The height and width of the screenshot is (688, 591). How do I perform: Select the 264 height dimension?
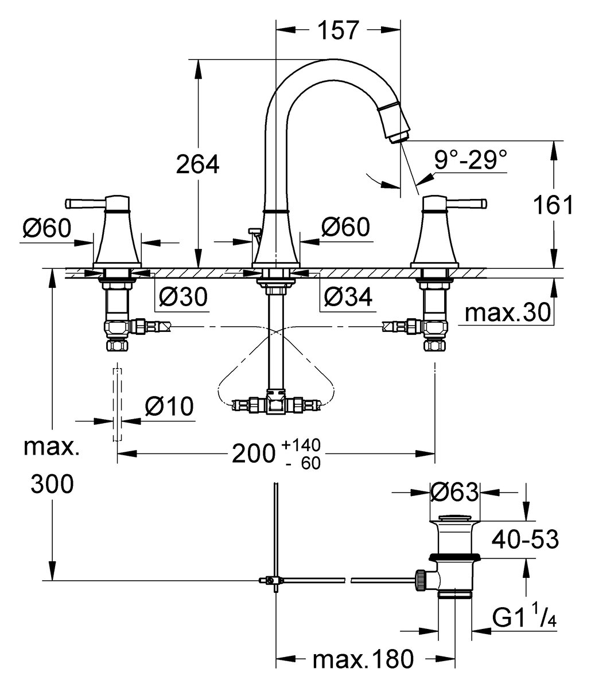(197, 165)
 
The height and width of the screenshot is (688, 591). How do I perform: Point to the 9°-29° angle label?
(471, 161)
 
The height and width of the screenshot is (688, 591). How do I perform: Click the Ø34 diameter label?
(348, 296)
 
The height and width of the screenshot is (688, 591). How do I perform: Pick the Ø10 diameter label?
(169, 406)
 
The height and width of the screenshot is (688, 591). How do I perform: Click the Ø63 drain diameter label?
(454, 491)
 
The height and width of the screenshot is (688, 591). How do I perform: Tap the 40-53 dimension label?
(525, 539)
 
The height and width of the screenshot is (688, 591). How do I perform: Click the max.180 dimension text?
(363, 659)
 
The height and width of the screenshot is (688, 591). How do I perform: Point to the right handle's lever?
(471, 202)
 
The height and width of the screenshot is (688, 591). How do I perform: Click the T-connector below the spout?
(276, 404)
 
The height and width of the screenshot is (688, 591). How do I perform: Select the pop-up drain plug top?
(454, 519)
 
